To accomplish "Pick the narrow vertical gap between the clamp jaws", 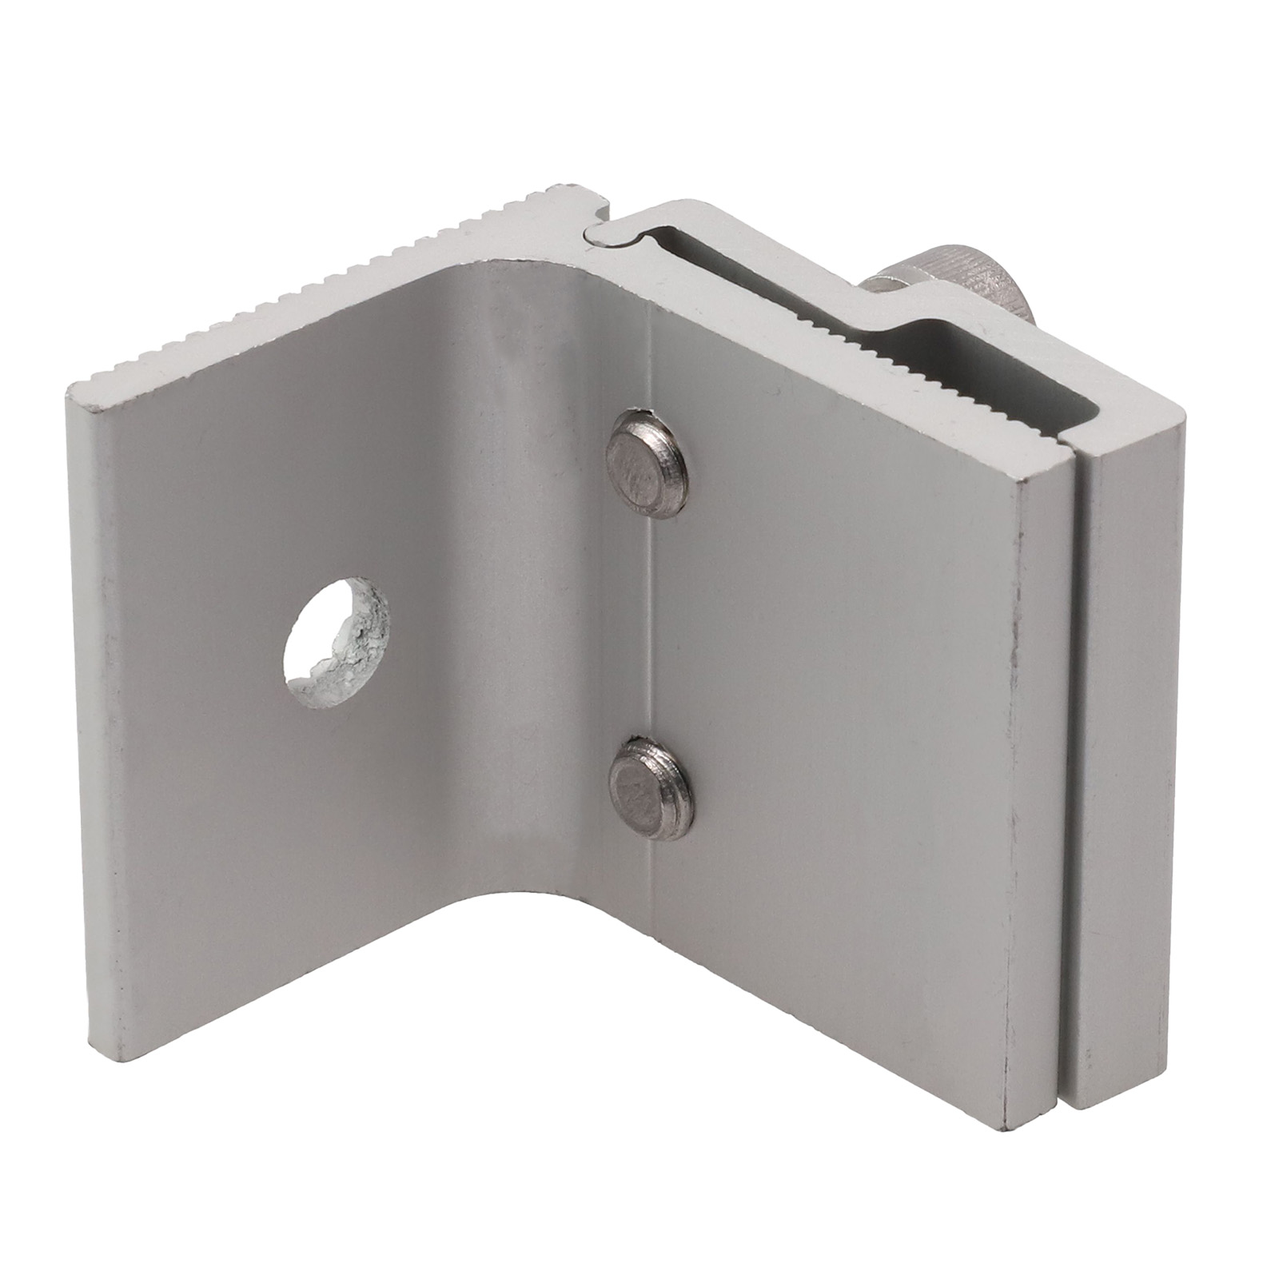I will point(1071,719).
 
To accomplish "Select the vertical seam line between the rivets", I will point(652,616).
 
